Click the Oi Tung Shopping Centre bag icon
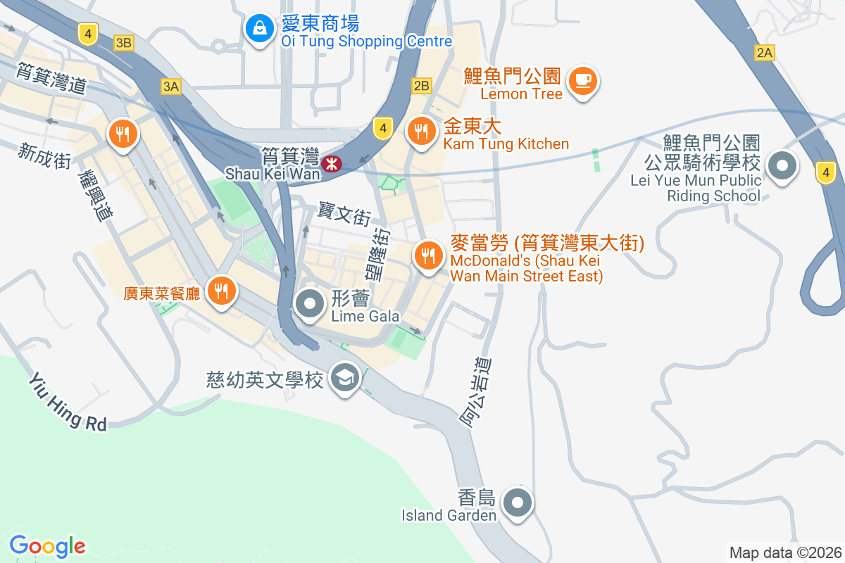pos(260,29)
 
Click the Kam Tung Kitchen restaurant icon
pos(421,130)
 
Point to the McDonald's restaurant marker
pos(427,255)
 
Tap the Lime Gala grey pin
pos(309,305)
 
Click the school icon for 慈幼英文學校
pos(345,378)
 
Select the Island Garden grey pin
pos(519,503)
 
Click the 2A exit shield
pos(764,52)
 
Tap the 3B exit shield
pos(124,43)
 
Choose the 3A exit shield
pos(170,87)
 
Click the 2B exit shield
pos(421,86)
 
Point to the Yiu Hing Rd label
pos(68,402)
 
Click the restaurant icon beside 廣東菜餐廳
pos(222,289)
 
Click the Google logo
pos(47,545)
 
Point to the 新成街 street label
pos(46,155)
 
